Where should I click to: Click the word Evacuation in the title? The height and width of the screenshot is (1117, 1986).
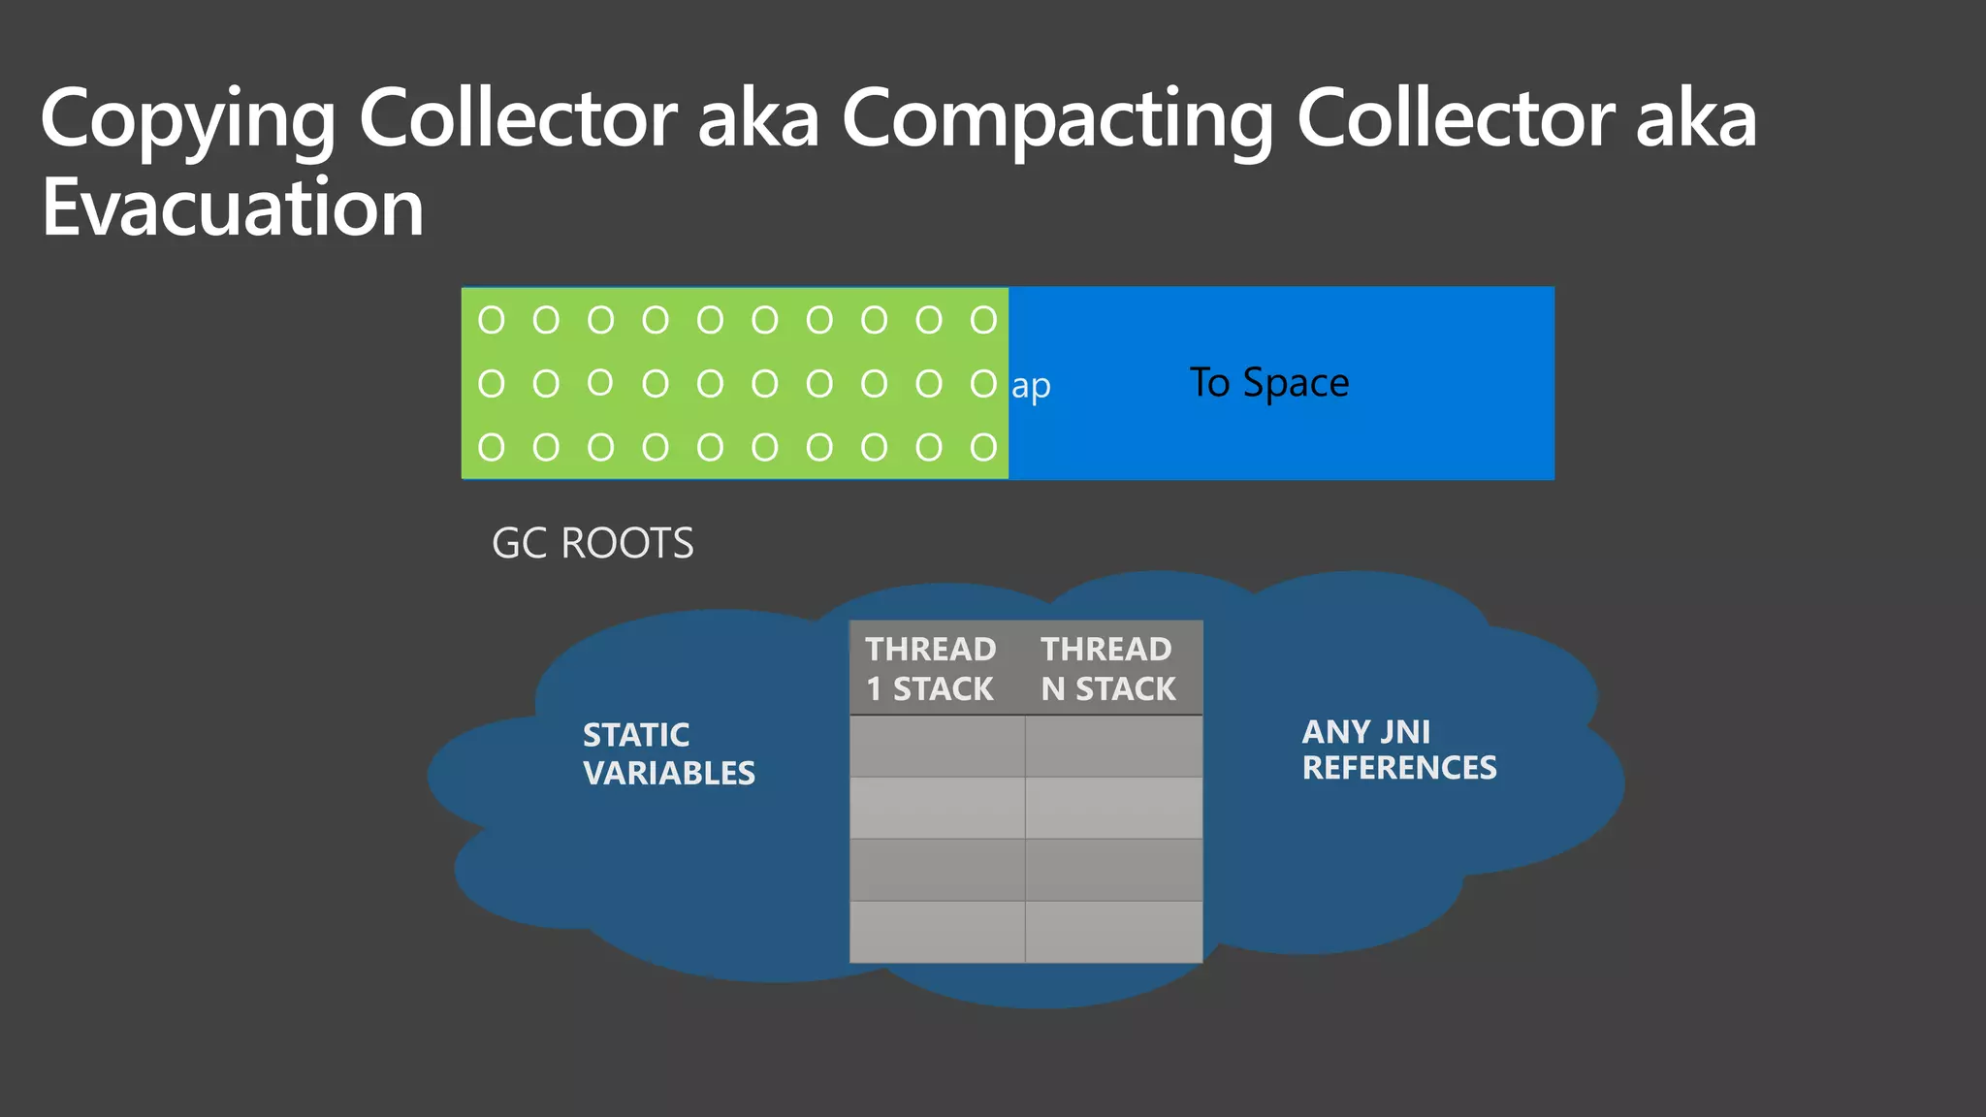(233, 207)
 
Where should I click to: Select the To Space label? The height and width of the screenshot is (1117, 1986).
(1268, 383)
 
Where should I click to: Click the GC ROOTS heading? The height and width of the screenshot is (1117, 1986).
(593, 543)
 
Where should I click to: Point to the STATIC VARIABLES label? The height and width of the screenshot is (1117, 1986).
(668, 753)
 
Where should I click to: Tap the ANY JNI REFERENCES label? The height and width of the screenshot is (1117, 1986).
(1398, 750)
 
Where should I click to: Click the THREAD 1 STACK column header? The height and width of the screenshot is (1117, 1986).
(931, 668)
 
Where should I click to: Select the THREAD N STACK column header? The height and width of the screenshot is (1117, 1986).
(1107, 668)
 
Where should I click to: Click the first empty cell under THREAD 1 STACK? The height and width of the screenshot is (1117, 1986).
(937, 747)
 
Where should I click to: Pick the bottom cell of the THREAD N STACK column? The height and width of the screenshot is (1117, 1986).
(1113, 932)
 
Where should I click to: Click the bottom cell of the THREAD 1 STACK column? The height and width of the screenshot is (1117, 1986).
(937, 932)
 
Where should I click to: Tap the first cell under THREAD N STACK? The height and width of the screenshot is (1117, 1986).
(1113, 747)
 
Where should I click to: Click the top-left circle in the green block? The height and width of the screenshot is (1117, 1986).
(492, 320)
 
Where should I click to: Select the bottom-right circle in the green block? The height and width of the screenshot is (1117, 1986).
(983, 447)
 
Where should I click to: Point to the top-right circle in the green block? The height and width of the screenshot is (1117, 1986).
(983, 320)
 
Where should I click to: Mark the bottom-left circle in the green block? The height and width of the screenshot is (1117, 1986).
(492, 447)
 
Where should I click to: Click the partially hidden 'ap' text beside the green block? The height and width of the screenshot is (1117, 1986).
(1031, 387)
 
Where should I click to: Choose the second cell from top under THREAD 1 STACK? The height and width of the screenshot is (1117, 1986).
(937, 808)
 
